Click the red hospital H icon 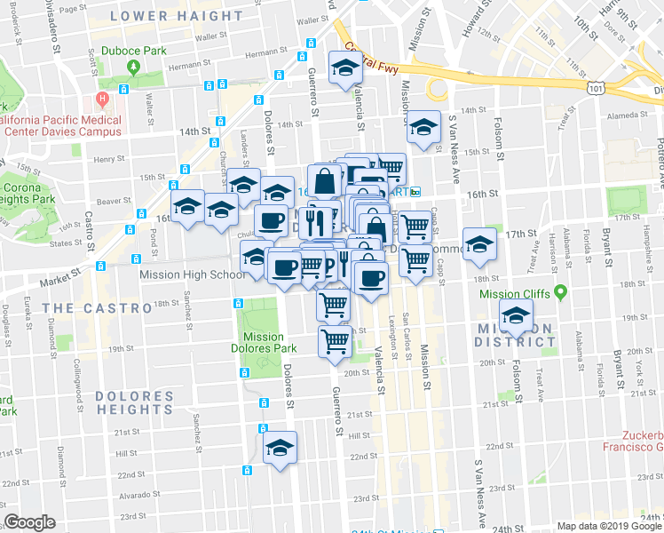[x=103, y=97]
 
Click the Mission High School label [x=193, y=274]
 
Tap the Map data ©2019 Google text [x=608, y=526]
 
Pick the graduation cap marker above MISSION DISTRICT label [x=516, y=314]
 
